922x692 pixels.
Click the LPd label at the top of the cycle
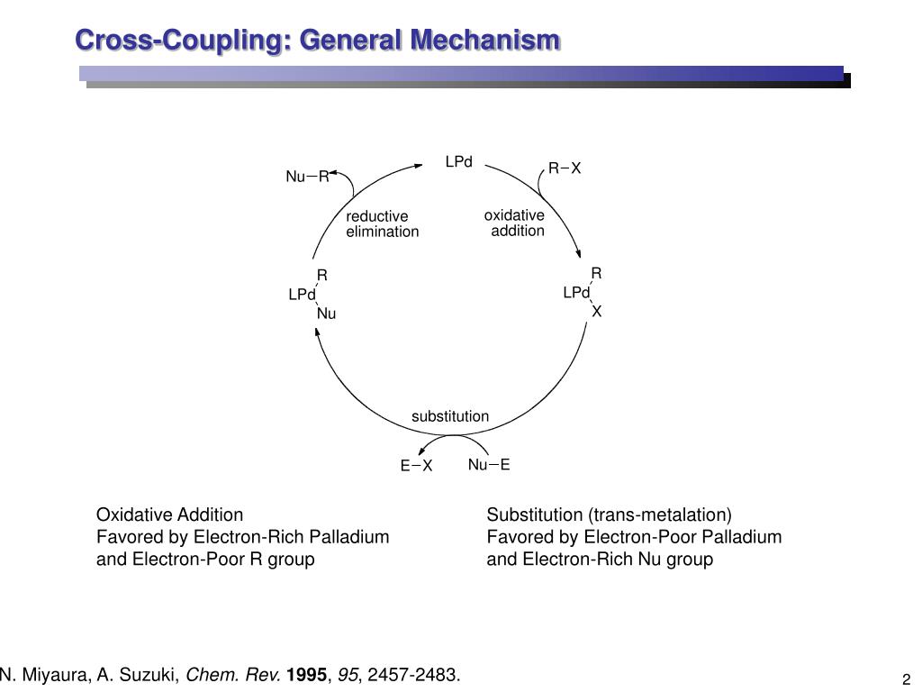458,162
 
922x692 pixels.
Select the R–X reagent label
565,168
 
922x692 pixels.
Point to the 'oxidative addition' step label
515,223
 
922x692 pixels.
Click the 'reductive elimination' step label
382,223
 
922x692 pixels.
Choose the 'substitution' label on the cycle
450,416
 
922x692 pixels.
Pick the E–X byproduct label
417,466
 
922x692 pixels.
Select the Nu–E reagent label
489,465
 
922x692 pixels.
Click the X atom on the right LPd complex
596,312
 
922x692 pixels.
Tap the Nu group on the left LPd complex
326,314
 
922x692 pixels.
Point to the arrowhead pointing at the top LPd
419,163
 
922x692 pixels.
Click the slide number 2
906,679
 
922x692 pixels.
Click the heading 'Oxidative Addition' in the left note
169,514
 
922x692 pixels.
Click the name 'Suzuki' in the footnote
155,675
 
